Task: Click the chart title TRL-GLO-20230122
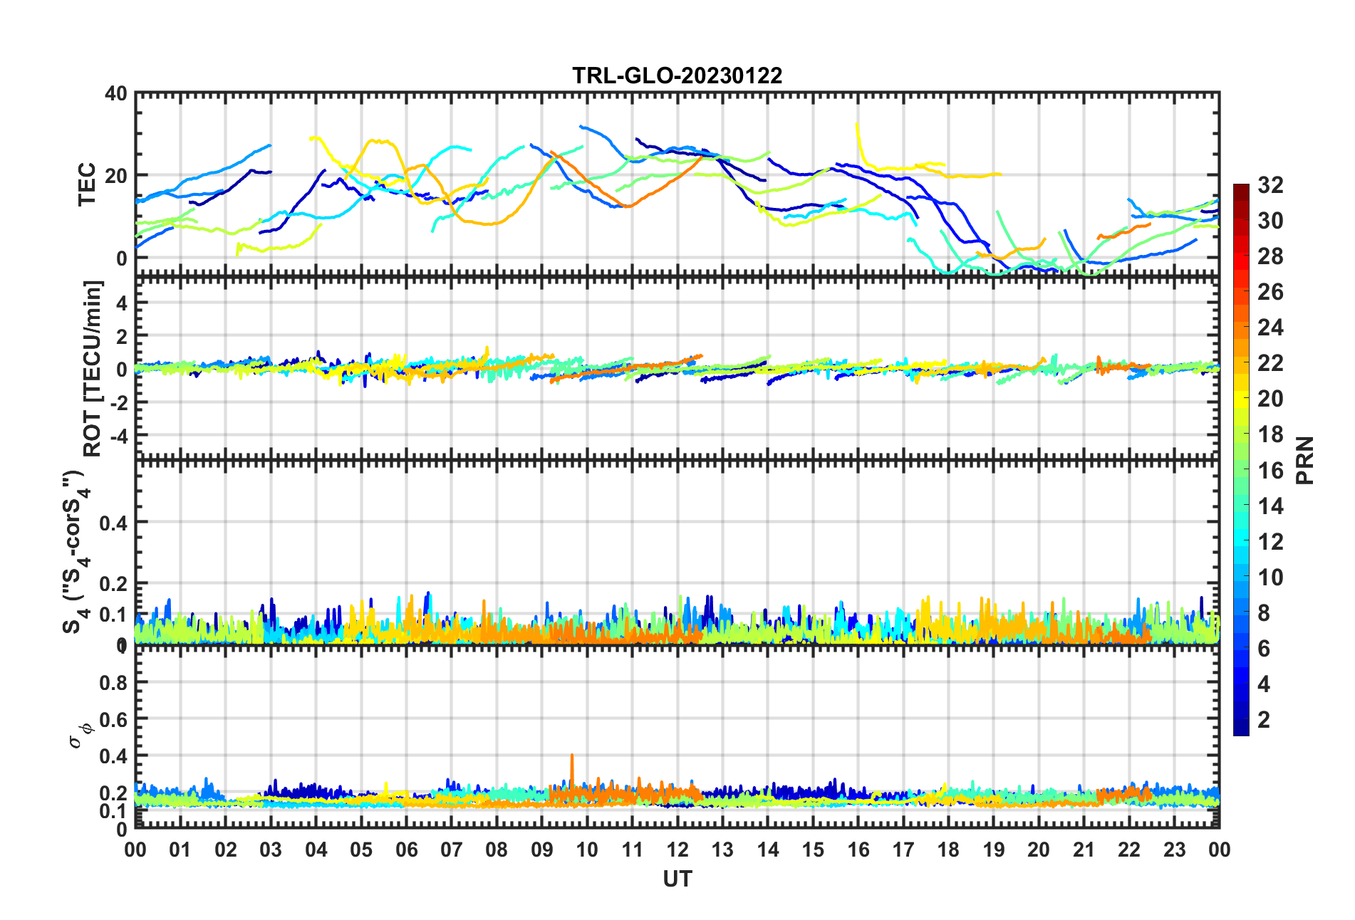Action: point(677,75)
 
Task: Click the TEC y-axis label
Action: point(87,184)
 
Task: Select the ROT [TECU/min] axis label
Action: point(93,368)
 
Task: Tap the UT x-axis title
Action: point(677,879)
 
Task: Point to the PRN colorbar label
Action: point(1305,460)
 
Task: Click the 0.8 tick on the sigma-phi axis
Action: point(113,683)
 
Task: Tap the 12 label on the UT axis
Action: point(677,850)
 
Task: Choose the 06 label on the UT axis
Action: point(407,850)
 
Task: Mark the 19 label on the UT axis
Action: point(994,850)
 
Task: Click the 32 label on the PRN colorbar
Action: point(1270,186)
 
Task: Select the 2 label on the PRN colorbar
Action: point(1264,720)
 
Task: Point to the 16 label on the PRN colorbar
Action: point(1270,471)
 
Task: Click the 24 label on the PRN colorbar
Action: point(1270,328)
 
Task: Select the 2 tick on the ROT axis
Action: point(121,335)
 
